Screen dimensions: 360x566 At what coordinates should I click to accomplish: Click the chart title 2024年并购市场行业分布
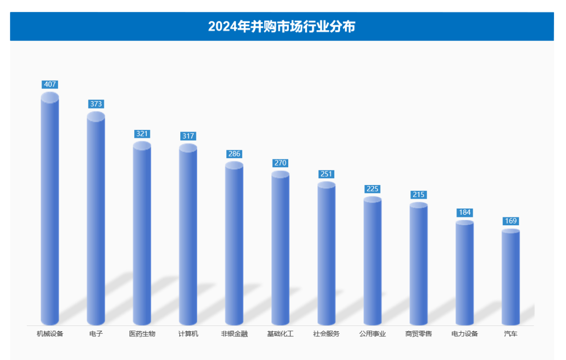point(281,26)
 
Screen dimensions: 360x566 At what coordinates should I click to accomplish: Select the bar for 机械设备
point(50,210)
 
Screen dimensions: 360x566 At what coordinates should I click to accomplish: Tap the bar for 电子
point(96,220)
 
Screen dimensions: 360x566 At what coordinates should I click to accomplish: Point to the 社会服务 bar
point(326,254)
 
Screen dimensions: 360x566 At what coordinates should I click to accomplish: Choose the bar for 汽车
point(510,278)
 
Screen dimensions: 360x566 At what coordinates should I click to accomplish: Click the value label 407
point(50,84)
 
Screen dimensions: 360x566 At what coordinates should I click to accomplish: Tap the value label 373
point(96,104)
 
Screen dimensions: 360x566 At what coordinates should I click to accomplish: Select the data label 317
point(188,136)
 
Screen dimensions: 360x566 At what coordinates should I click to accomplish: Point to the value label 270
point(280,163)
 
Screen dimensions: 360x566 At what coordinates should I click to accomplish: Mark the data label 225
point(373,189)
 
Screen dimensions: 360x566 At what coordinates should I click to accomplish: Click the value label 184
point(465,212)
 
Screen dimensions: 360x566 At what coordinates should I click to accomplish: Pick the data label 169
point(510,221)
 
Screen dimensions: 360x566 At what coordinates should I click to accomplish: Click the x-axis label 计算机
point(188,334)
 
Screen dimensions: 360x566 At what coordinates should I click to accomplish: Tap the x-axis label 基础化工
point(280,334)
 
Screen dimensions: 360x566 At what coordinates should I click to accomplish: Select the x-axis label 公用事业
point(373,334)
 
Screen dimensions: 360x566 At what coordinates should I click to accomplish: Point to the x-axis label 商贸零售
point(419,334)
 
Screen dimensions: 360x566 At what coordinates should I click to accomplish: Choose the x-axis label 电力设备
point(465,334)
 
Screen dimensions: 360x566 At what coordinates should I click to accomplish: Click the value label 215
point(419,194)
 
